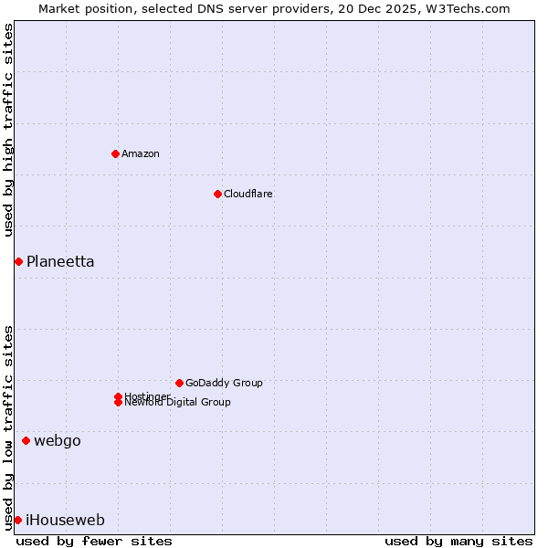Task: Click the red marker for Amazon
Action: click(115, 153)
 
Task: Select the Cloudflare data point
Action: click(217, 194)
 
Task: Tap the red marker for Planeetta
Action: click(18, 262)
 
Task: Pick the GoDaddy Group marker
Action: click(179, 383)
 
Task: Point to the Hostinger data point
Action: click(118, 396)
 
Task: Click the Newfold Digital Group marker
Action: click(118, 403)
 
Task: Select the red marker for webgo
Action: click(26, 441)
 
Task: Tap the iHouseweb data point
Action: click(17, 521)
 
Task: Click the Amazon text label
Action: click(141, 153)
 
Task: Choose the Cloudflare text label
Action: click(248, 194)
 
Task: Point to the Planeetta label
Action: click(60, 262)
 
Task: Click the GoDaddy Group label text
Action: click(224, 383)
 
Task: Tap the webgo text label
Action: click(58, 441)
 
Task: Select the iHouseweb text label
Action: click(66, 521)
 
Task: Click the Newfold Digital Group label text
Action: click(178, 403)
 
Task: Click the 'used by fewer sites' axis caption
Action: click(94, 542)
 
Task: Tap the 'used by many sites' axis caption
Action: click(458, 542)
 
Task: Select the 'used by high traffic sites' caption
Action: click(8, 130)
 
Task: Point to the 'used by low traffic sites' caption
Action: click(8, 427)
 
